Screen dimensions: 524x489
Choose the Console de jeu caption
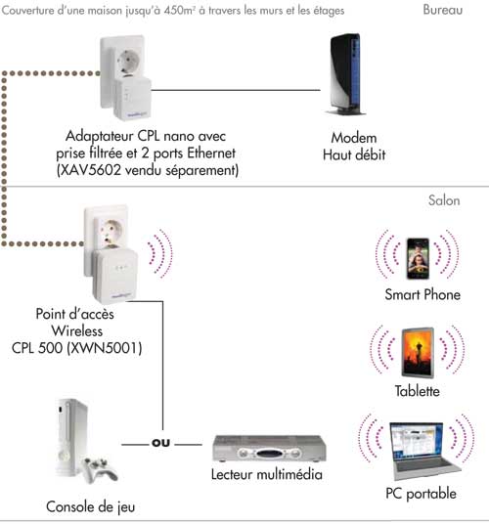tap(89, 506)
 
